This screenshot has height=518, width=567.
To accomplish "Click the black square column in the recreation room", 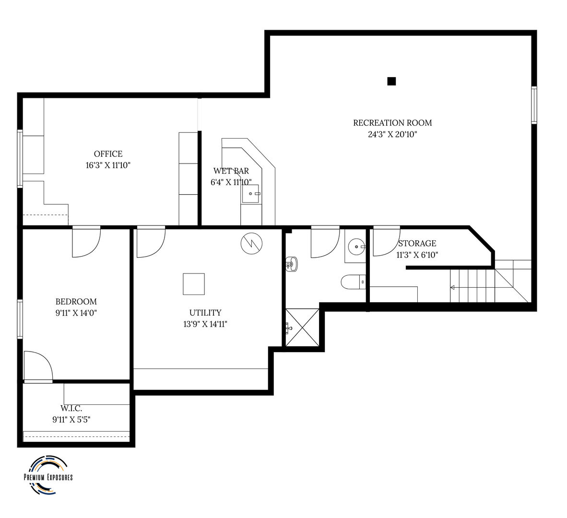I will tap(391, 81).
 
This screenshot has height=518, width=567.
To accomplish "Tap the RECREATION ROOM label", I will tap(392, 123).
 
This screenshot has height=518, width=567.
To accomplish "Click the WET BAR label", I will tap(231, 171).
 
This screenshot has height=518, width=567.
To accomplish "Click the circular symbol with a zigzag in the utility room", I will tap(251, 243).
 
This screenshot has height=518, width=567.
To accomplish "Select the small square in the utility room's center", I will tap(194, 284).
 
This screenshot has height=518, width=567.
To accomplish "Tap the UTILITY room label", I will tap(205, 313).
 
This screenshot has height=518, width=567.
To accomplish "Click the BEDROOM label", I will tap(76, 302).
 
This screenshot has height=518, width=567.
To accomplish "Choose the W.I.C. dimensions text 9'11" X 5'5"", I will tap(71, 419).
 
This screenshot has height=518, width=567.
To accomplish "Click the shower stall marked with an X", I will tap(302, 327).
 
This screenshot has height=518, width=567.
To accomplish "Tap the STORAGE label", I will tap(417, 244).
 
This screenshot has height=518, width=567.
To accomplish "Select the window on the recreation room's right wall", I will tap(533, 105).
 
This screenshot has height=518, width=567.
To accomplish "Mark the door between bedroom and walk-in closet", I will tap(38, 367).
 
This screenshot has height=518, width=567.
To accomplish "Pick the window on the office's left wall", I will tap(20, 158).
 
